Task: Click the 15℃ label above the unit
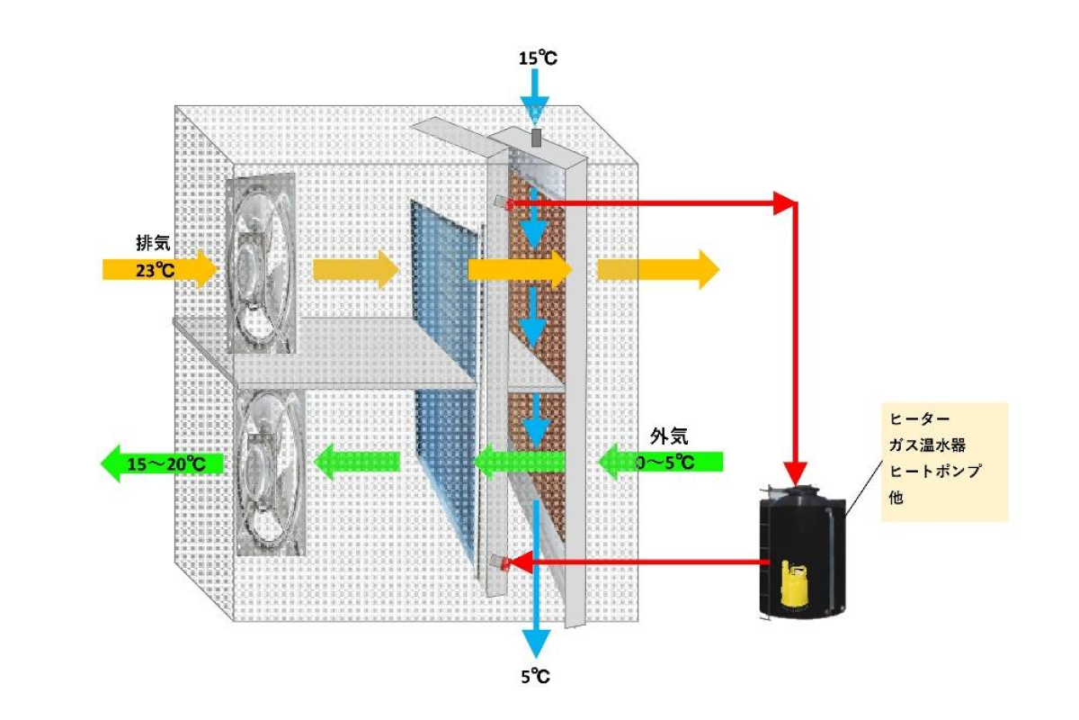(x=538, y=58)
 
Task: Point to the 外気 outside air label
(x=669, y=436)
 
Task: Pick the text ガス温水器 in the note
(x=927, y=445)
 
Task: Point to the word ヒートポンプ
(x=933, y=470)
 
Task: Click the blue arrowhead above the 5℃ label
(x=537, y=642)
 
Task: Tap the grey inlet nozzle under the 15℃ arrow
(x=536, y=138)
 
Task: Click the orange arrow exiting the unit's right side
(x=657, y=268)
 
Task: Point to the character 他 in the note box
(x=896, y=495)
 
